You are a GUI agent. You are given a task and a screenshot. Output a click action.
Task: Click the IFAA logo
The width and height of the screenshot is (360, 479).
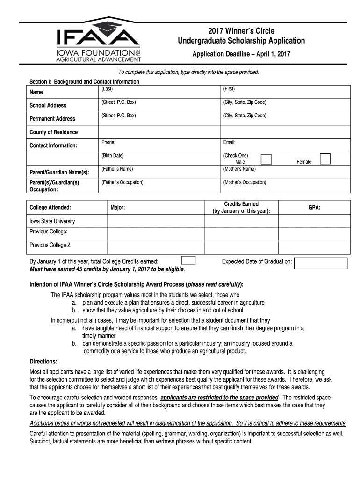coord(97,41)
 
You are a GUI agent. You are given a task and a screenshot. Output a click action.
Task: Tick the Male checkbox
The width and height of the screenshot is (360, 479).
coord(266,160)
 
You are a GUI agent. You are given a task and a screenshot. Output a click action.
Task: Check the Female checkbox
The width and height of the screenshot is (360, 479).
coord(325,159)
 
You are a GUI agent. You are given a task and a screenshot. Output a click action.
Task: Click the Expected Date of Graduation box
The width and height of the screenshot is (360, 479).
coord(321,263)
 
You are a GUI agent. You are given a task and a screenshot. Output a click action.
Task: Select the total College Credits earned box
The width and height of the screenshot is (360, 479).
coord(188,261)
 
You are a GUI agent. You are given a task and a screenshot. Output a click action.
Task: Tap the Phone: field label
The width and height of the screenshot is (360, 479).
coord(108,142)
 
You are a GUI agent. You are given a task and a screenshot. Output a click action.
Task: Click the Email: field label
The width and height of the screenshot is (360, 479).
coord(230,142)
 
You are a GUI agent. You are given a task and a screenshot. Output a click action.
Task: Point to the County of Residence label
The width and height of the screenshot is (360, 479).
coord(54,132)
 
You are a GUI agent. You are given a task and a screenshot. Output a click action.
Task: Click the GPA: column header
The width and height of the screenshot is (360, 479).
coord(314,207)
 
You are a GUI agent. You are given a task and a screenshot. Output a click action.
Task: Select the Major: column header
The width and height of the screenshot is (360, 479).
coord(118,207)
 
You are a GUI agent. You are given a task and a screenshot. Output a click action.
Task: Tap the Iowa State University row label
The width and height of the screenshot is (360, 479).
coord(52,221)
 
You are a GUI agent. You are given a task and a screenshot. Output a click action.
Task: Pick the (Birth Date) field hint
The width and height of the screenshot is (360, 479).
coord(113,155)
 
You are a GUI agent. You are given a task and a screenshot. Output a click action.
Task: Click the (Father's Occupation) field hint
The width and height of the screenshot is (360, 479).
coord(122,182)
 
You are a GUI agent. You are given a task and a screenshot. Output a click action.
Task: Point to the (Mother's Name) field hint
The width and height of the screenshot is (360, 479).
coord(239,169)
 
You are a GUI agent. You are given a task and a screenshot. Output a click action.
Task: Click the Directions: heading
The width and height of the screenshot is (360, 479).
coord(44,362)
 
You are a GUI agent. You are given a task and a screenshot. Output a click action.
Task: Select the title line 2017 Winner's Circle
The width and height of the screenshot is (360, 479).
coord(241,31)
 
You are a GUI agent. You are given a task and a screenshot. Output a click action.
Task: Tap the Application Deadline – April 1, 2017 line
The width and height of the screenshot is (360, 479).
coord(241,54)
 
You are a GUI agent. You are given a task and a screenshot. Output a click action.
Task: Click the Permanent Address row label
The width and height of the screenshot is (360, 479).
coord(52,119)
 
